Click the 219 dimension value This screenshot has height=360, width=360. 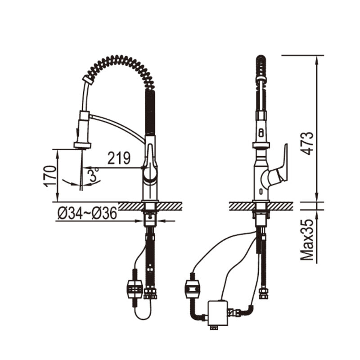pos(119,158)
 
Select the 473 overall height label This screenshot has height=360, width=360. pos(307,143)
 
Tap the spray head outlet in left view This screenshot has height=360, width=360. pos(82,145)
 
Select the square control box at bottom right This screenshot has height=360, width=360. pos(217,312)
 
